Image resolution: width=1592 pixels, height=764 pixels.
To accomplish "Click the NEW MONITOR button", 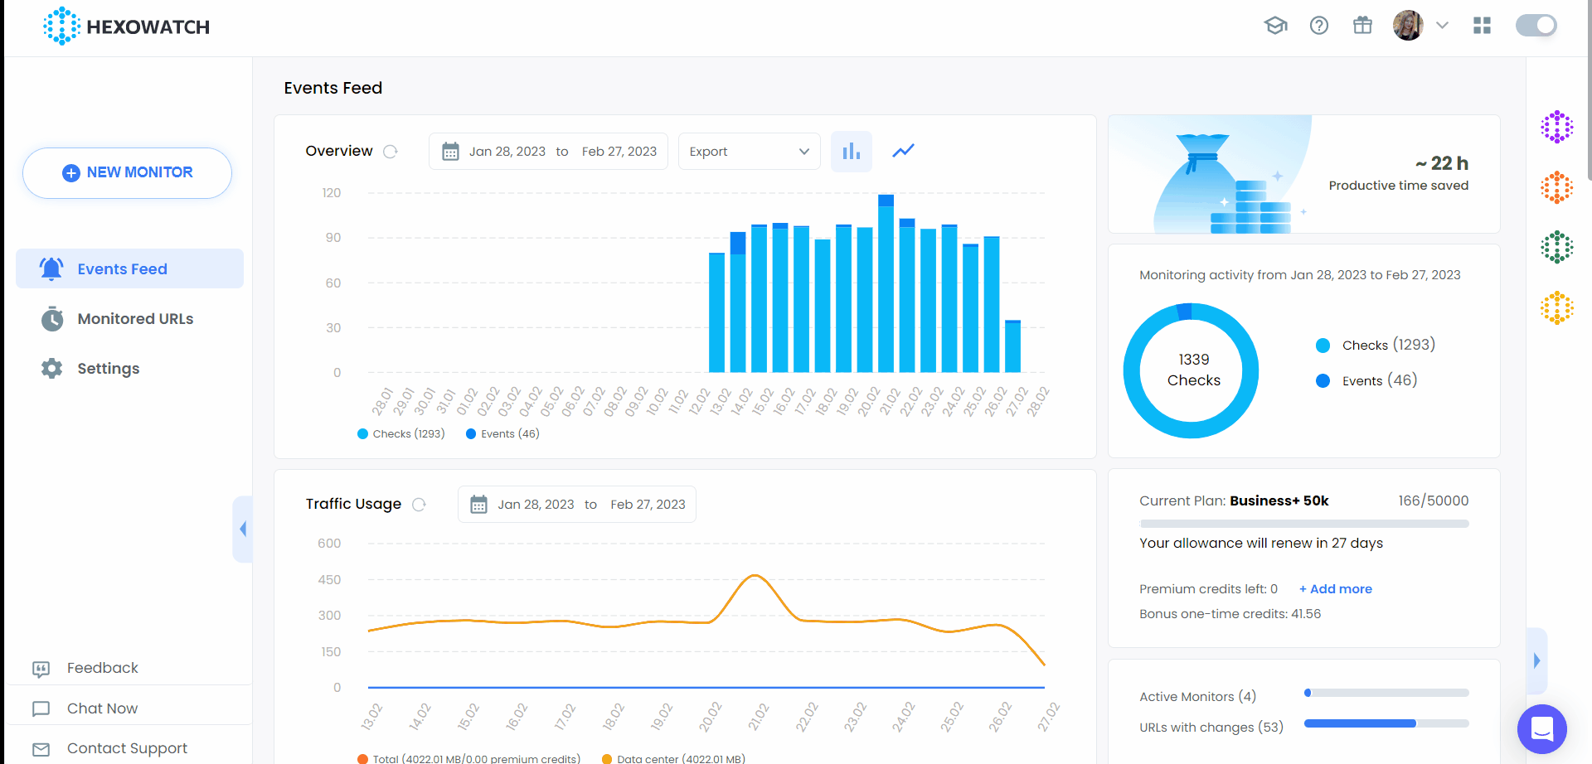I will tap(127, 172).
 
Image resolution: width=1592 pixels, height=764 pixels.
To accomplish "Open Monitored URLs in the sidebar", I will tap(134, 319).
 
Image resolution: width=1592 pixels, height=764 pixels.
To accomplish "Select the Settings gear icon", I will tap(52, 369).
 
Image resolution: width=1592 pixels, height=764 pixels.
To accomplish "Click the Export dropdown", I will tap(749, 152).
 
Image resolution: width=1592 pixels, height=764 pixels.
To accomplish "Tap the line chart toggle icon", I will tap(903, 151).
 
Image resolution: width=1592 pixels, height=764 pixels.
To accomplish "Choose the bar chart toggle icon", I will tap(852, 152).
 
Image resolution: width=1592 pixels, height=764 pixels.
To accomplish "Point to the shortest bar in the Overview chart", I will tap(1012, 346).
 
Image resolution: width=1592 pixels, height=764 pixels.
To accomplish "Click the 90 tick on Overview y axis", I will tap(332, 238).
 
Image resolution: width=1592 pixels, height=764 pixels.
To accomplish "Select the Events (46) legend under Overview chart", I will tap(502, 434).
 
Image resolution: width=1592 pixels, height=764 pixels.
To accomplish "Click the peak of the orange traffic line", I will tap(754, 575).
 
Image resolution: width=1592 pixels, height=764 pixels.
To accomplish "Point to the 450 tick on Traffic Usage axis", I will tap(329, 580).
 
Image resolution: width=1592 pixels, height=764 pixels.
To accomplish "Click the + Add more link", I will tap(1335, 589).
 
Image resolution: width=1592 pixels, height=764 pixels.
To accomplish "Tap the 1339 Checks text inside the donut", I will tap(1193, 370).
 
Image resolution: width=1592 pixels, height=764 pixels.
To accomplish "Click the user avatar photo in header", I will tap(1407, 26).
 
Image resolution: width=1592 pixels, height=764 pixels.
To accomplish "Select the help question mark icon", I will tap(1318, 26).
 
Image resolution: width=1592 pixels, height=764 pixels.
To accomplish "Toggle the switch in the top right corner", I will tap(1536, 26).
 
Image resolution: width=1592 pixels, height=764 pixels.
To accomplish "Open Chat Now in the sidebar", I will tap(102, 708).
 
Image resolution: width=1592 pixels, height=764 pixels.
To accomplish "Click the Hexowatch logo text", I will tap(148, 27).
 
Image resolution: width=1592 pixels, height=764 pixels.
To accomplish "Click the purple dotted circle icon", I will tap(1556, 127).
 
